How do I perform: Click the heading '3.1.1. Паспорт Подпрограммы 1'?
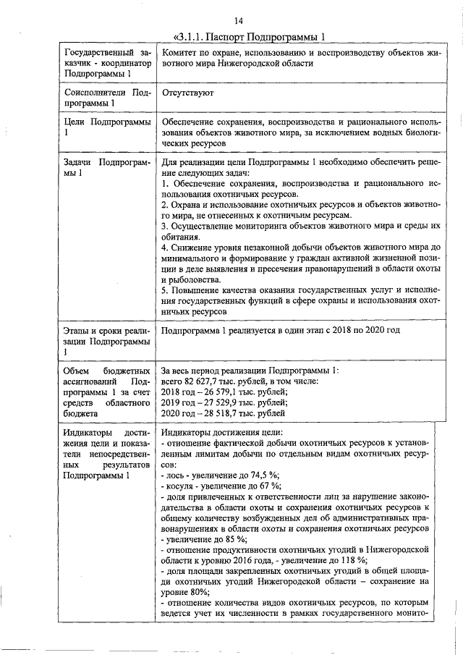[x=250, y=37]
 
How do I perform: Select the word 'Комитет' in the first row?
[x=182, y=53]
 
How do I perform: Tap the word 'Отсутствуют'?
[x=187, y=93]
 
